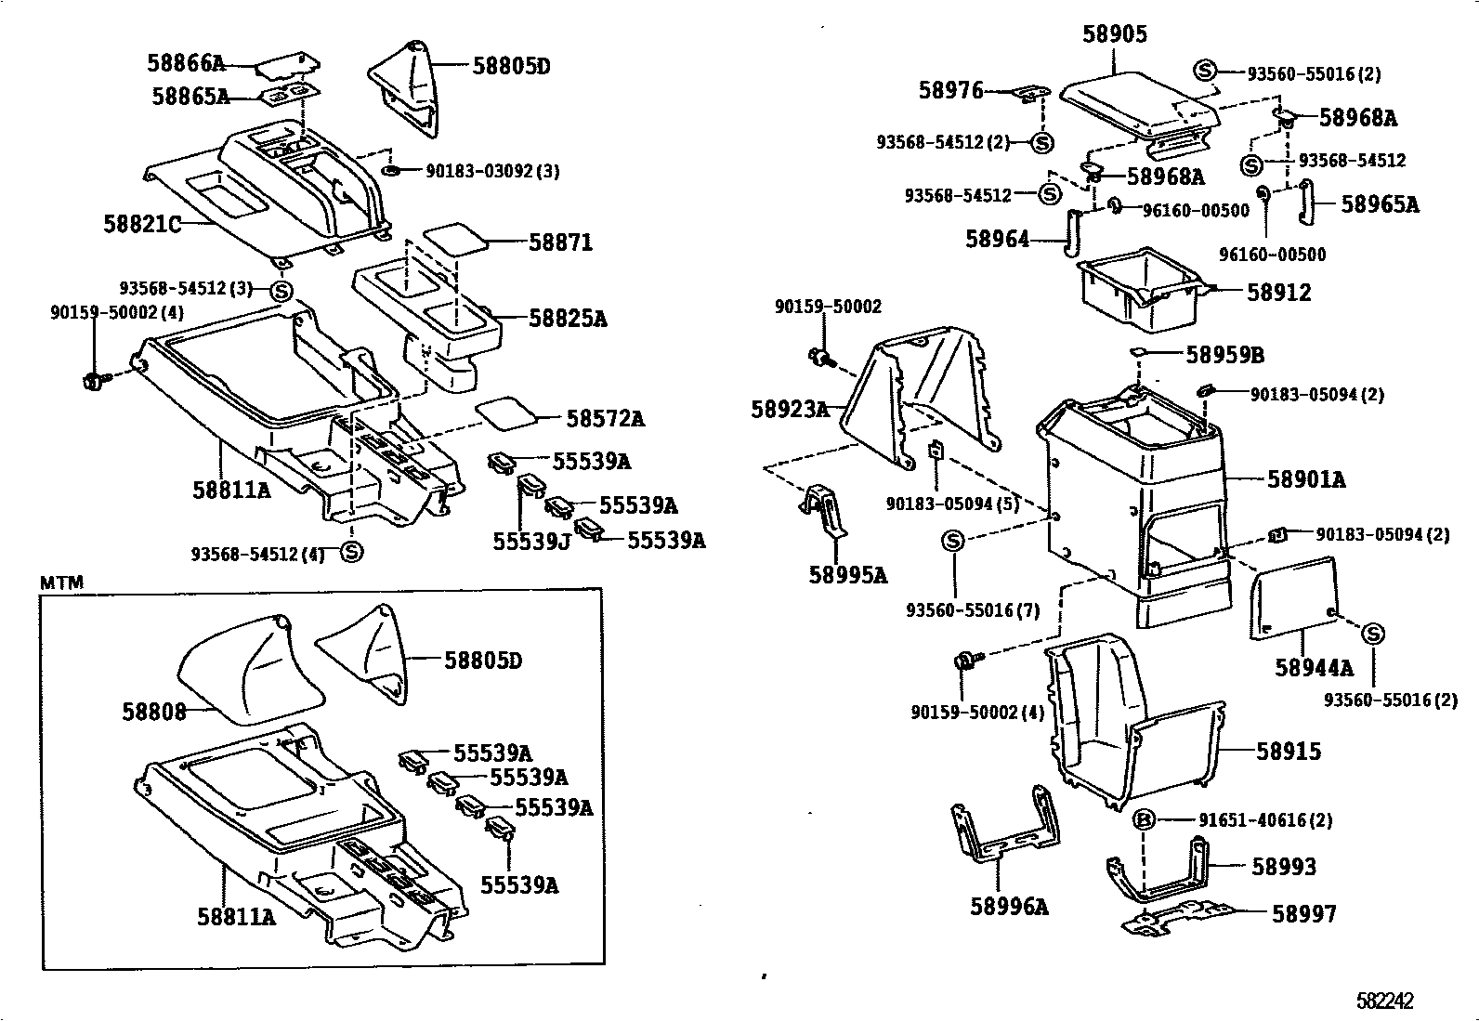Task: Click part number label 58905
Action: point(1114,34)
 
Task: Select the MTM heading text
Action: point(62,582)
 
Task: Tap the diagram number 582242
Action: point(1384,1001)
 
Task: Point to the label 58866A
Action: point(186,63)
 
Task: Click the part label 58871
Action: point(560,242)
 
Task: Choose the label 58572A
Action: point(605,419)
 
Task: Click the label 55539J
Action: point(530,541)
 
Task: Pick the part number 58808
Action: point(154,711)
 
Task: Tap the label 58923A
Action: point(790,408)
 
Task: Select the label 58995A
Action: point(847,575)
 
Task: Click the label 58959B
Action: point(1224,355)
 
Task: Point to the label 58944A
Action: point(1314,667)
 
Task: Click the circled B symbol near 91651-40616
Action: point(1145,820)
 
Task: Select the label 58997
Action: point(1303,914)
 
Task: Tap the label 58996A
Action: point(1009,906)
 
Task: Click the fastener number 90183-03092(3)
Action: point(492,171)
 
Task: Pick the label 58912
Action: point(1278,293)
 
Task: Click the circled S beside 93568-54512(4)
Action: point(350,553)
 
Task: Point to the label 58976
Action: point(950,90)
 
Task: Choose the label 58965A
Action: point(1380,204)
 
